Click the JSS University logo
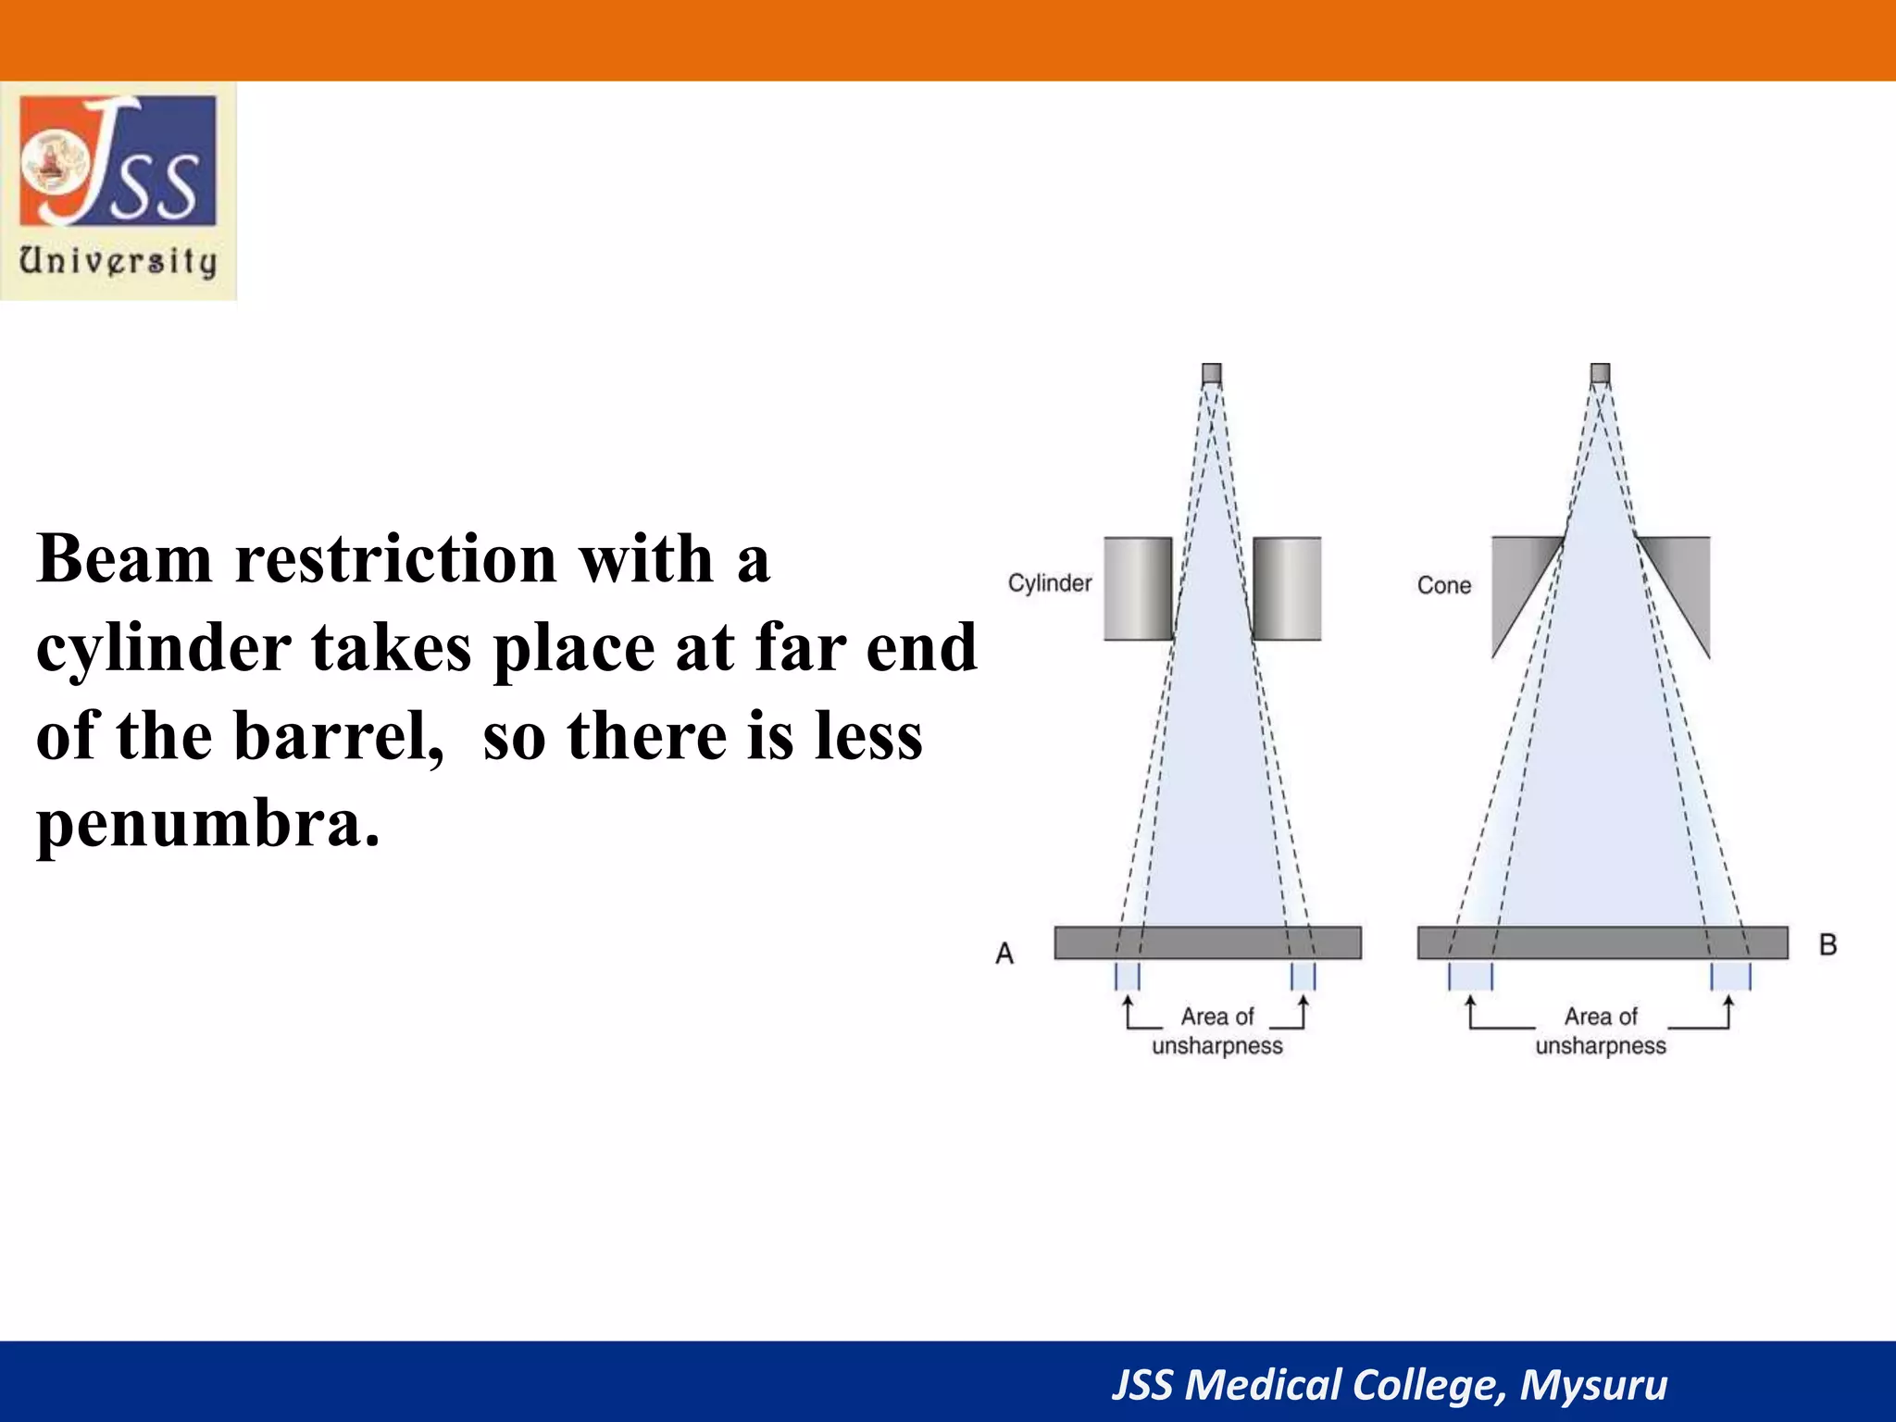(118, 190)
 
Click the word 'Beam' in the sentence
(125, 559)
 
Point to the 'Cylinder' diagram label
(1050, 583)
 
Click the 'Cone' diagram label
(1443, 585)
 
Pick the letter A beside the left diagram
(1004, 953)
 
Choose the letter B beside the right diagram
(1827, 944)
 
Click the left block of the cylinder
(1138, 589)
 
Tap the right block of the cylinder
(1287, 589)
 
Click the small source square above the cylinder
(1212, 374)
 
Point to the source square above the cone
(1601, 374)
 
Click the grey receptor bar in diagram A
(1207, 942)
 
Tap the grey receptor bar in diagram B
(1603, 942)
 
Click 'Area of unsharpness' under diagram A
(1217, 1031)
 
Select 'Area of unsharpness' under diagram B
(1601, 1031)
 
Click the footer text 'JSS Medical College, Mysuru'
(1389, 1385)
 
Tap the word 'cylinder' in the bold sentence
(163, 648)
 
